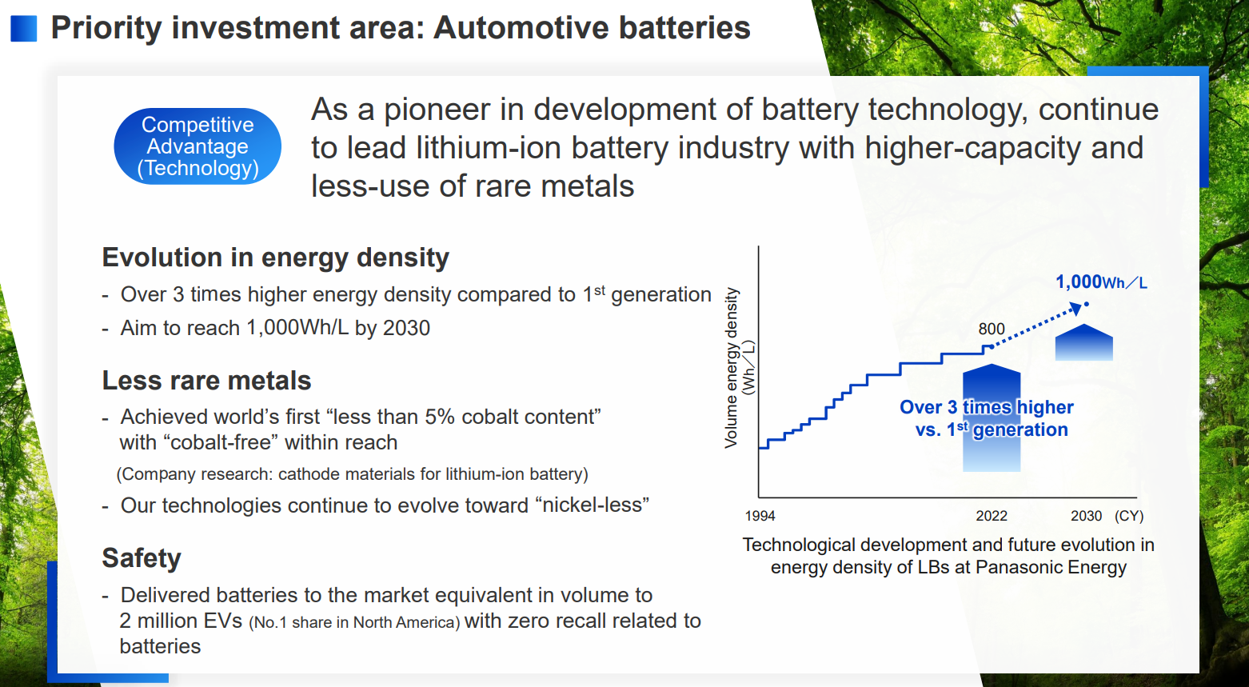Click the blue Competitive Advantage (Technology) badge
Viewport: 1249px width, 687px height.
pyautogui.click(x=198, y=146)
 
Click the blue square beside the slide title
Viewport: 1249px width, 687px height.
pyautogui.click(x=23, y=28)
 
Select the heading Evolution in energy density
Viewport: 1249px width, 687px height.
pyautogui.click(x=275, y=258)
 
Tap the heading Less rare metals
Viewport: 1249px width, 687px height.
pyautogui.click(x=206, y=381)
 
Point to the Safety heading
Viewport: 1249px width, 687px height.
pyautogui.click(x=142, y=558)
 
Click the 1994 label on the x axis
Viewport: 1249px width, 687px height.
pyautogui.click(x=760, y=516)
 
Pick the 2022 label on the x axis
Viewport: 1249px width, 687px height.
pyautogui.click(x=992, y=516)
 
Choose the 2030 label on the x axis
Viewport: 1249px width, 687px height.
pyautogui.click(x=1086, y=516)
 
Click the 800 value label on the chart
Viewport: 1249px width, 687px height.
pyautogui.click(x=992, y=329)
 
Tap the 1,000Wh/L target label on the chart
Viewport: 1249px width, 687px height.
pyautogui.click(x=1101, y=282)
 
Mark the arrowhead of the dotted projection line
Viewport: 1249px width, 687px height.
pyautogui.click(x=1076, y=308)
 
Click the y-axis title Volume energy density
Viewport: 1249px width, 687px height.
pyautogui.click(x=731, y=368)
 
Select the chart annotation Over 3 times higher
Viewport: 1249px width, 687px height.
pyautogui.click(x=986, y=407)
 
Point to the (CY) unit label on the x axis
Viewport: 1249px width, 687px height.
pyautogui.click(x=1129, y=516)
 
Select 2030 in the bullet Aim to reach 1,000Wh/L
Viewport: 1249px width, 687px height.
pyautogui.click(x=406, y=328)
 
